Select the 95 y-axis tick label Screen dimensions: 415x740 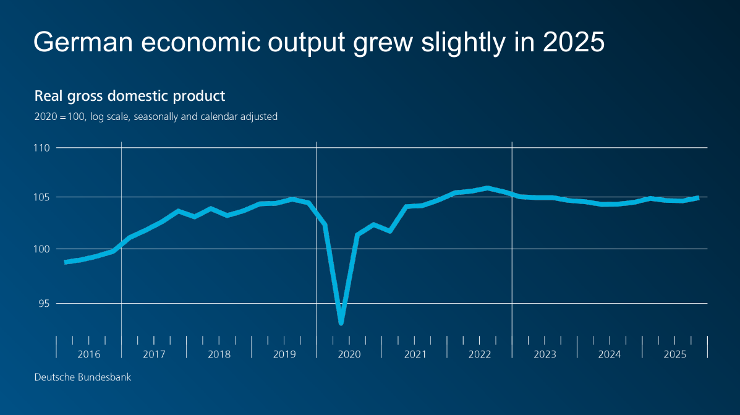tap(43, 303)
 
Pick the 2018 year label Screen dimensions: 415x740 tap(219, 354)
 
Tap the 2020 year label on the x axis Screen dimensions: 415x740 tap(349, 354)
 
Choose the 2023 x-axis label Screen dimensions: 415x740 tap(545, 354)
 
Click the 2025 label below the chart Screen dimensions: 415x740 tap(674, 354)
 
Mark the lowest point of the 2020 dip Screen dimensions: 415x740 tap(341, 323)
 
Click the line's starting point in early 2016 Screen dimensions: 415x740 tap(66, 262)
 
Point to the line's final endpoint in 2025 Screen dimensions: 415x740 tap(698, 198)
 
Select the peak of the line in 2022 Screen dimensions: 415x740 tap(487, 187)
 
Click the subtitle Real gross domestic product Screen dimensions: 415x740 tap(130, 96)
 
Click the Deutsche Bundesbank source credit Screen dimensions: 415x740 tap(82, 377)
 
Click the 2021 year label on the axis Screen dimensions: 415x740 tap(415, 354)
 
